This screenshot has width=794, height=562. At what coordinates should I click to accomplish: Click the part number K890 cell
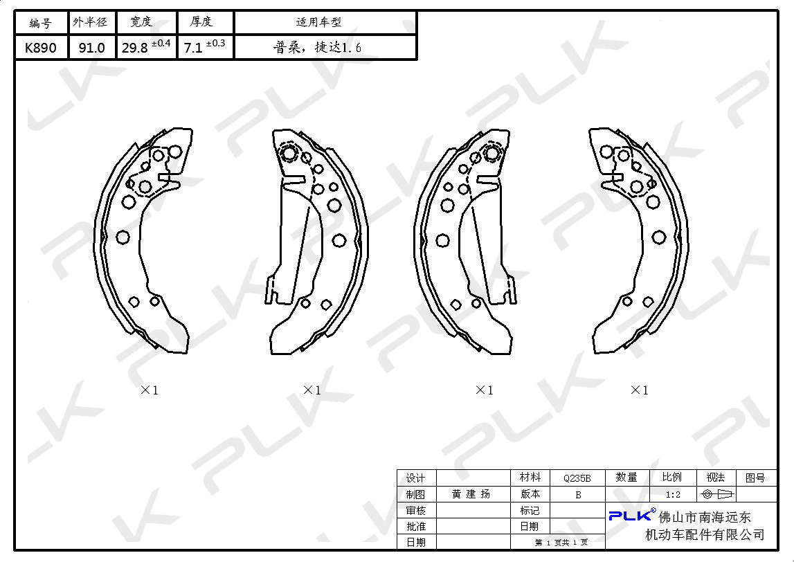[x=41, y=48]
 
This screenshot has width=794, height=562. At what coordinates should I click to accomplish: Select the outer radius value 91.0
[x=91, y=48]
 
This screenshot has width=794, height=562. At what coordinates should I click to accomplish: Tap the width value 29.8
[x=135, y=48]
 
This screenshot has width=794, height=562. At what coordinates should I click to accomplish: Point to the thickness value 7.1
[x=193, y=48]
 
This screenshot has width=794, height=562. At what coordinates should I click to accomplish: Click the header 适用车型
[x=318, y=22]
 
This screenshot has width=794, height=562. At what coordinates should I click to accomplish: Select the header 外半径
[x=90, y=22]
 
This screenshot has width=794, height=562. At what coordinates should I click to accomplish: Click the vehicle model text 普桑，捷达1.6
[x=318, y=48]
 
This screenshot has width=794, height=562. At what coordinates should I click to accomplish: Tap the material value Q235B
[x=577, y=478]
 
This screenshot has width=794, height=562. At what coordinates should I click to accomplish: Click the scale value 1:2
[x=673, y=495]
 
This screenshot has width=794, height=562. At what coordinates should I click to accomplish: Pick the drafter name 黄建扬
[x=471, y=494]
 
